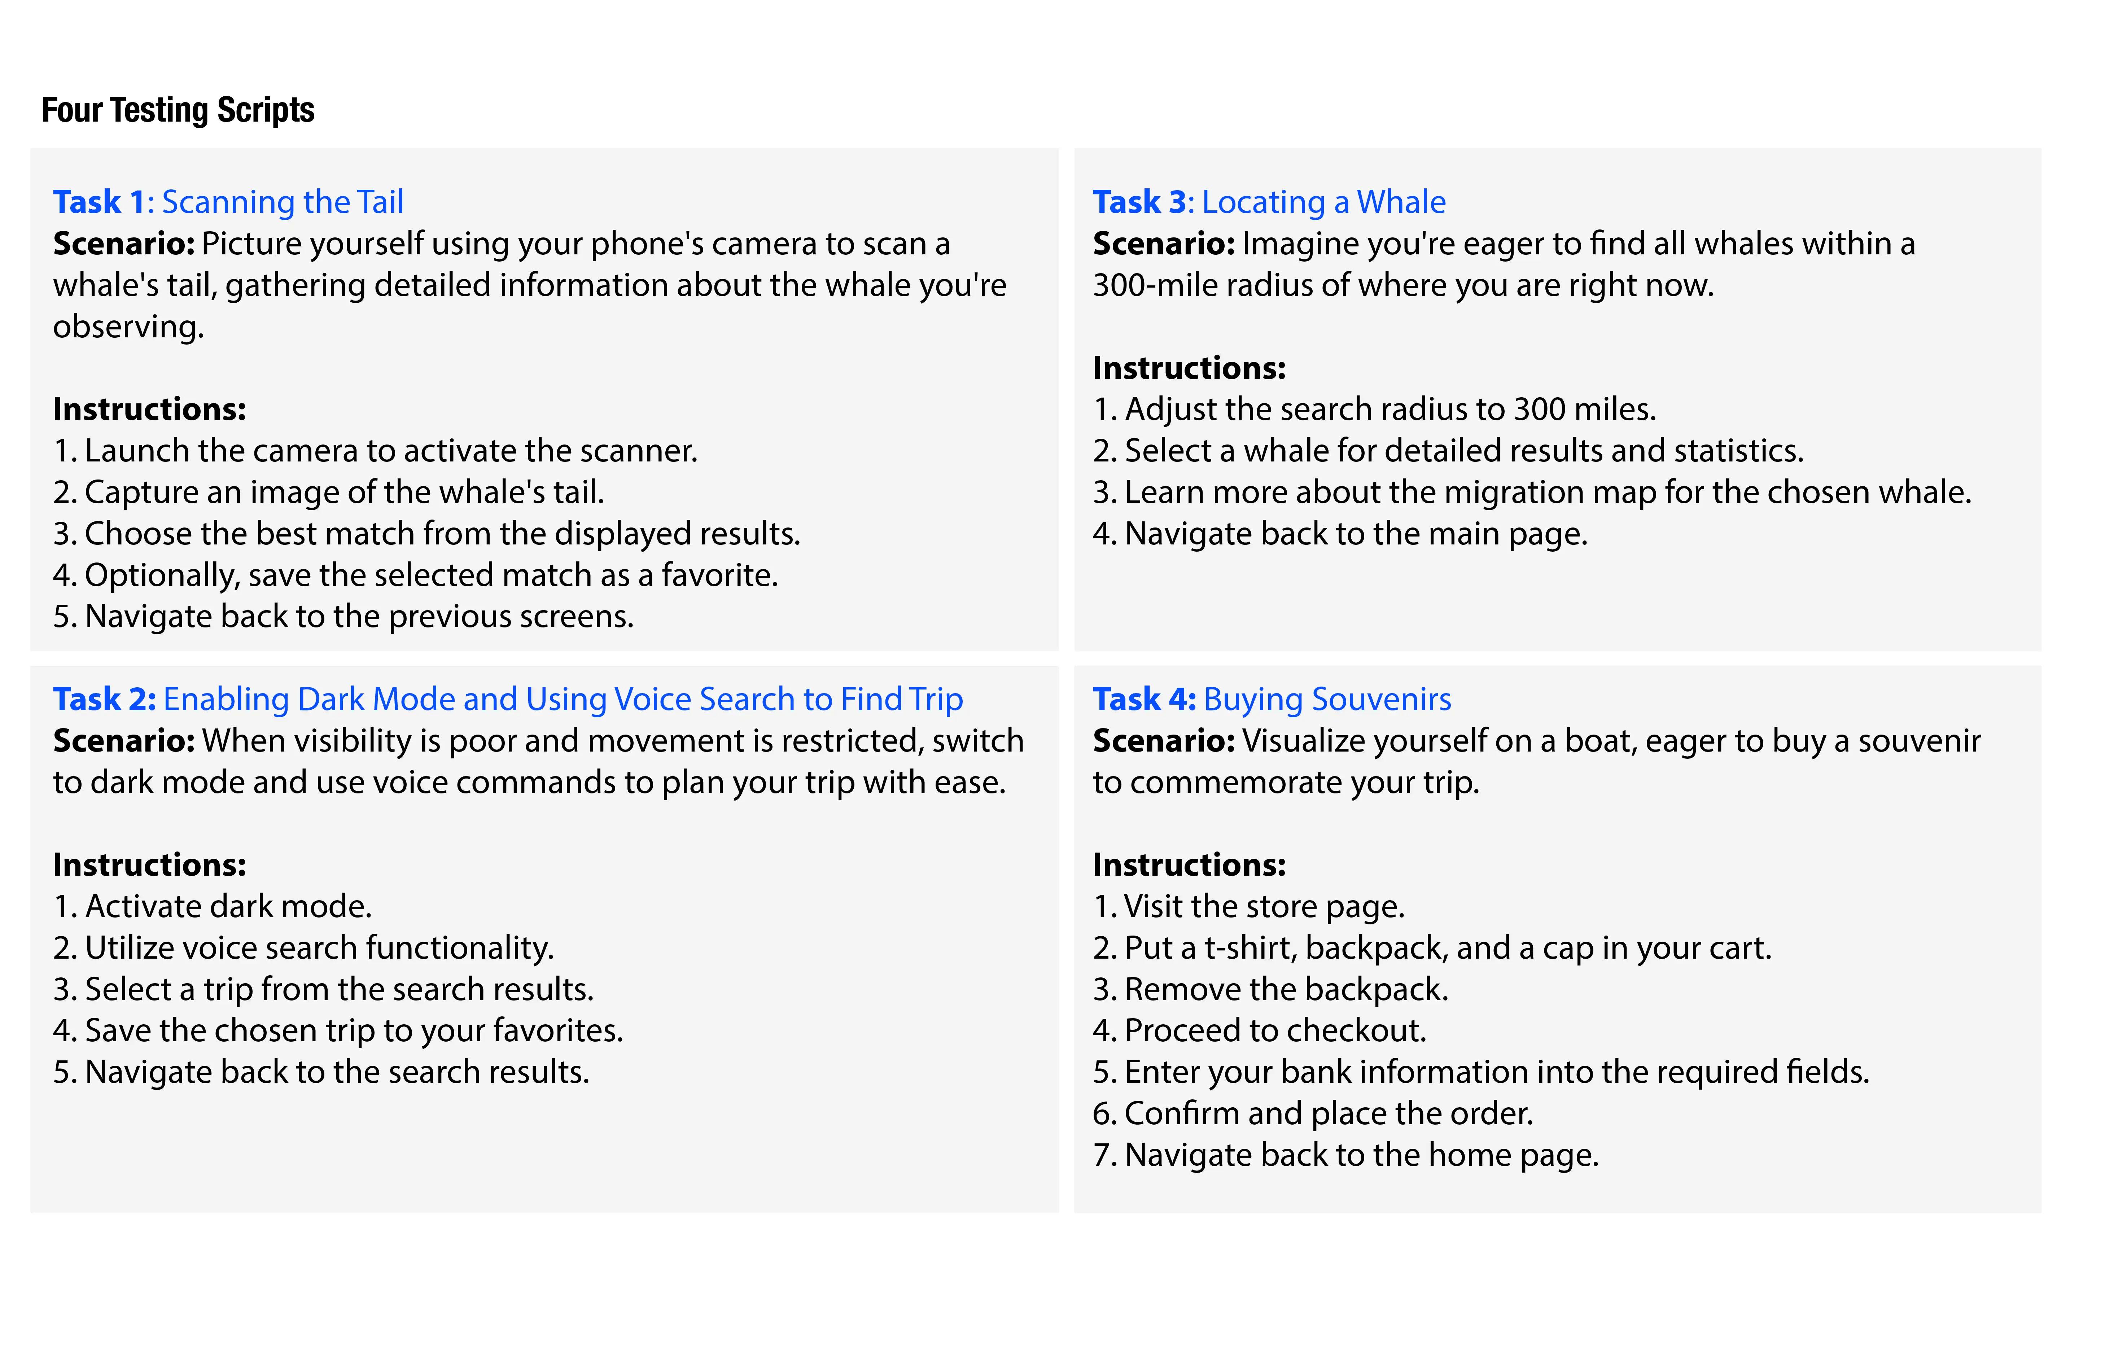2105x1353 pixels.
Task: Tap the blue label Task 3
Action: pos(1139,202)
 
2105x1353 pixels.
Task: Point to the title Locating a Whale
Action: pos(1323,202)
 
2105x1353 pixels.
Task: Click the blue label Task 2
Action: pos(104,699)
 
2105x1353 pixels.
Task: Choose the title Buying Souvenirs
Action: pos(1327,699)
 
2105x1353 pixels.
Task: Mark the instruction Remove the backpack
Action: pos(1270,989)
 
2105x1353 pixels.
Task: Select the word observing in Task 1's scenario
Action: pos(128,327)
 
